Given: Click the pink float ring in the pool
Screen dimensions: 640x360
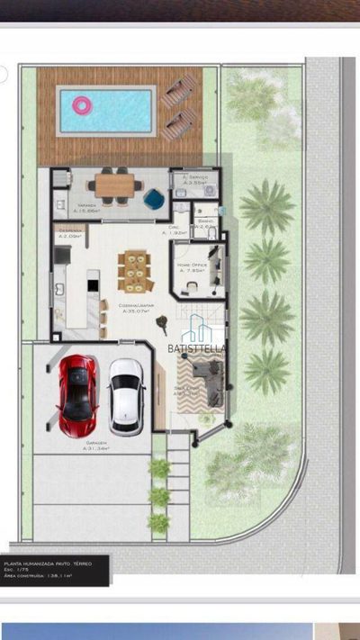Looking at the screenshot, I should [x=82, y=106].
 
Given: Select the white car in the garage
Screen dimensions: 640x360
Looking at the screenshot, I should [x=125, y=394].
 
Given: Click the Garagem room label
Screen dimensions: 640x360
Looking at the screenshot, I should [x=97, y=443].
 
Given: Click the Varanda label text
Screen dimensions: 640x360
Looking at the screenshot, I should [x=86, y=205].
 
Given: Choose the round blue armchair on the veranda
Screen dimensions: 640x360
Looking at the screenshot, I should [x=153, y=195].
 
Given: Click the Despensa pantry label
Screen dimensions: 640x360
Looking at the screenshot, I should [x=70, y=231].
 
